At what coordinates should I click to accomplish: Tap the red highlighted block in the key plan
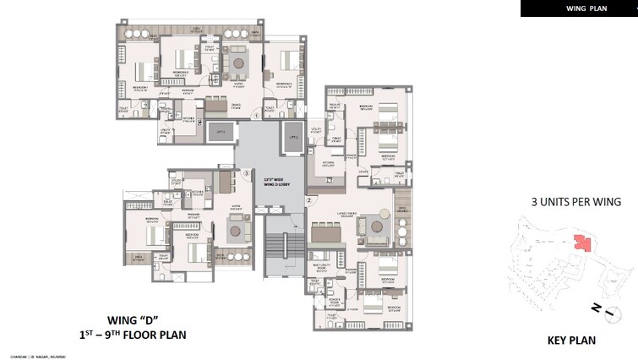pos(581,243)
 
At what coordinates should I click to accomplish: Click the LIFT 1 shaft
pos(222,132)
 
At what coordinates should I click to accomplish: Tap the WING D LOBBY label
pos(272,181)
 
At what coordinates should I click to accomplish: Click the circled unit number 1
pos(257,114)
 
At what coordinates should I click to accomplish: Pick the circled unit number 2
pos(309,200)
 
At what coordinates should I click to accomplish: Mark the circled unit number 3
pos(246,175)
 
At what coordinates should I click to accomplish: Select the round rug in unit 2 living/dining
pos(372,225)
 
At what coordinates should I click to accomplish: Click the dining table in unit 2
pos(324,232)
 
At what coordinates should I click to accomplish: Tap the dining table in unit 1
pos(216,106)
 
